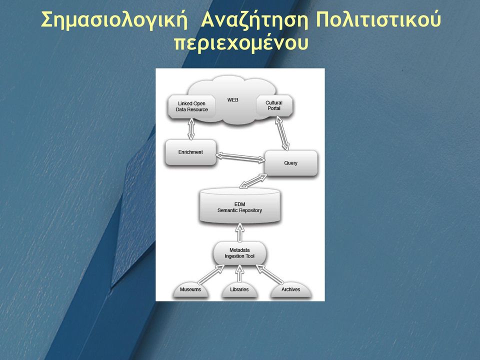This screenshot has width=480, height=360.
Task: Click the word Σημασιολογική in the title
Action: (114, 20)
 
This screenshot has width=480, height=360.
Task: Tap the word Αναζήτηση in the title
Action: (254, 20)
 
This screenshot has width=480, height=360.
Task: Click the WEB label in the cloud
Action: (232, 100)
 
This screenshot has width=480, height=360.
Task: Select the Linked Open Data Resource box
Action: (191, 107)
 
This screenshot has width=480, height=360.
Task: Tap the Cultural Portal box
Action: (274, 105)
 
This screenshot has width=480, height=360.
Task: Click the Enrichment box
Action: (190, 152)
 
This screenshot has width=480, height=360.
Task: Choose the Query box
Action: (290, 163)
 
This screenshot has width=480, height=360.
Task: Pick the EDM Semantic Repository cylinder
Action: (239, 206)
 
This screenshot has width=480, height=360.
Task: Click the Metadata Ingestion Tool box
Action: (239, 253)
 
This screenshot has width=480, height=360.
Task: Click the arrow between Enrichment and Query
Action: (240, 157)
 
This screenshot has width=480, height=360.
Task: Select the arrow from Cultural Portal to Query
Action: (282, 133)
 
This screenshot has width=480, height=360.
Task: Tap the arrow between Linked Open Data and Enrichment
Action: (191, 129)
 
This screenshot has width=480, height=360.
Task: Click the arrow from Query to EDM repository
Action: (253, 181)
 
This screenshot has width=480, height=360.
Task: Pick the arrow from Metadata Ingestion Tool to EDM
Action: (240, 232)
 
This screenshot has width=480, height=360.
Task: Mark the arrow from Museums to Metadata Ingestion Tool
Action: (211, 274)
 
